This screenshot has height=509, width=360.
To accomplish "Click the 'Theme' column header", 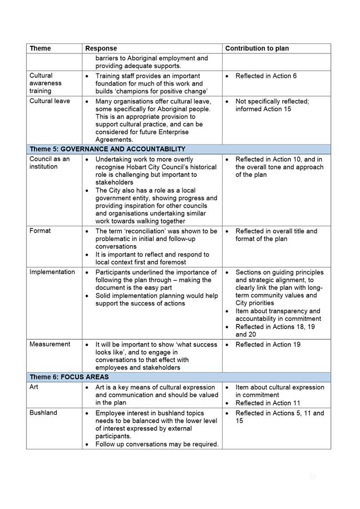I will (40, 48).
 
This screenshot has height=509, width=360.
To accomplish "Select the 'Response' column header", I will (101, 48).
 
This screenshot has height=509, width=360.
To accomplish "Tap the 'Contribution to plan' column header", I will (257, 48).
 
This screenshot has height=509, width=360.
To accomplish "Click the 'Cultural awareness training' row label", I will (46, 83).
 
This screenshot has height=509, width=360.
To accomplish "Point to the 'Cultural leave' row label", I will (50, 101).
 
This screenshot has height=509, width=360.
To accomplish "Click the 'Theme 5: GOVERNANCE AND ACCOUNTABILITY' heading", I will (107, 149).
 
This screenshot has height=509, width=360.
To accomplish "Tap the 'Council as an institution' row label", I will (50, 162).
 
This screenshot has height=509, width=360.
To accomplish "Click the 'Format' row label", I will (40, 231).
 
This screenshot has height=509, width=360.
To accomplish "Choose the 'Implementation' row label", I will (52, 272).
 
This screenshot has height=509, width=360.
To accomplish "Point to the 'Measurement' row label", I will (50, 344).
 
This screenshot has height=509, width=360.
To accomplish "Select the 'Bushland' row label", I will (43, 413).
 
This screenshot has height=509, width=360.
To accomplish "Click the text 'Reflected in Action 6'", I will (266, 75).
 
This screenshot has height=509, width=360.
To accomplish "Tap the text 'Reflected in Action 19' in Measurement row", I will (268, 344).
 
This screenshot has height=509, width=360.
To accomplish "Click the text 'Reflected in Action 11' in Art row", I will (267, 403).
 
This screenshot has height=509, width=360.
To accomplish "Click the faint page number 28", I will (312, 476).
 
